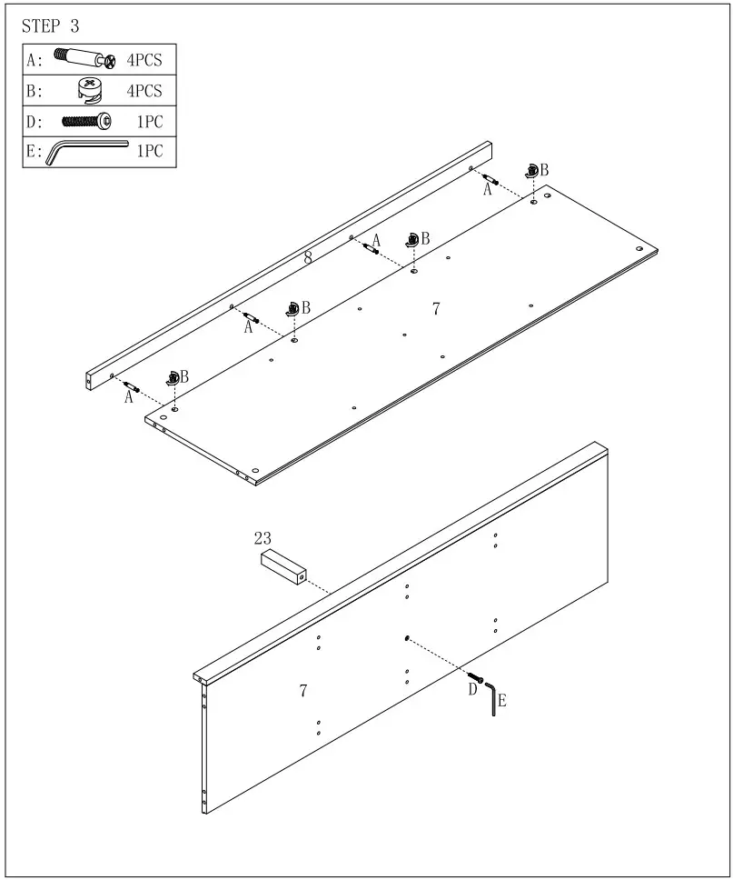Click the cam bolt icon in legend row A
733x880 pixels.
click(x=84, y=60)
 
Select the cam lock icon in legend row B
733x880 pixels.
click(x=90, y=90)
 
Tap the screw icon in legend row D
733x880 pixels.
click(x=86, y=120)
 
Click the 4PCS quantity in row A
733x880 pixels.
click(x=144, y=61)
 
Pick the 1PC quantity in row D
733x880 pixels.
click(x=150, y=121)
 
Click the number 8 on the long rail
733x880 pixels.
click(x=308, y=258)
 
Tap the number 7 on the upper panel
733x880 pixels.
click(x=436, y=309)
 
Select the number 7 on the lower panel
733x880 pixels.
click(x=303, y=691)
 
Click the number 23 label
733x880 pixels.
click(x=262, y=538)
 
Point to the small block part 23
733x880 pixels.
click(x=282, y=568)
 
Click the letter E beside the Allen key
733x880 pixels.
click(x=502, y=701)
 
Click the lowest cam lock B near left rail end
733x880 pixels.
click(x=173, y=377)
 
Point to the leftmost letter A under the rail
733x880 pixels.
click(x=128, y=397)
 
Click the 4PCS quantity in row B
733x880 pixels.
click(x=144, y=91)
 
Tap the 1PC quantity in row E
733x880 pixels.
click(x=150, y=151)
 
